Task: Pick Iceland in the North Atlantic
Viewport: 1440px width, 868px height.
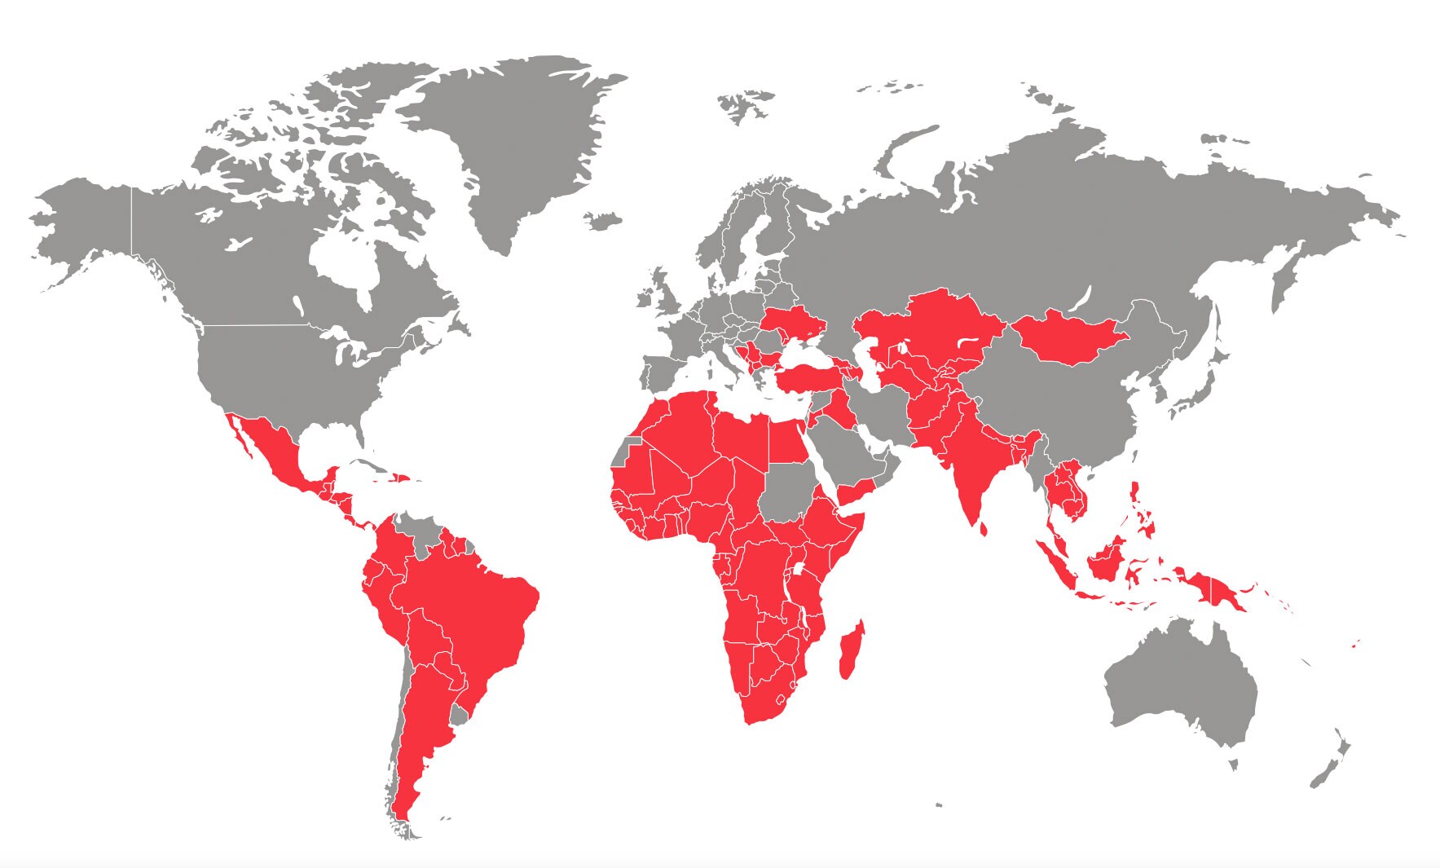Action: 602,220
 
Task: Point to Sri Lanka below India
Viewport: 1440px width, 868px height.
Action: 984,529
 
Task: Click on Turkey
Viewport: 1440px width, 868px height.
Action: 815,377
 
